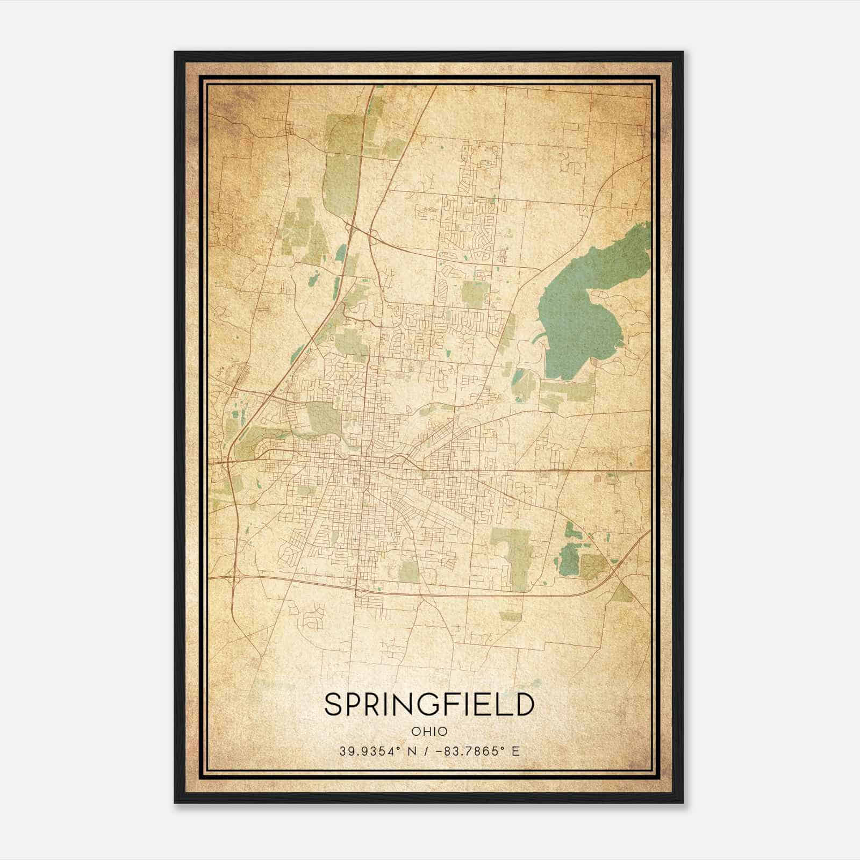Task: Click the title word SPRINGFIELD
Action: [429, 704]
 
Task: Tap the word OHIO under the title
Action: [429, 731]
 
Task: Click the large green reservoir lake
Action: [586, 312]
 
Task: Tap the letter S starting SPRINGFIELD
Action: [333, 704]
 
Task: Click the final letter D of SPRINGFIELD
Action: [524, 704]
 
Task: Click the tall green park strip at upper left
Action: [339, 161]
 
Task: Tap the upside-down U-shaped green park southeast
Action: [511, 554]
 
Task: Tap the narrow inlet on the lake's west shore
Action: [540, 339]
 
